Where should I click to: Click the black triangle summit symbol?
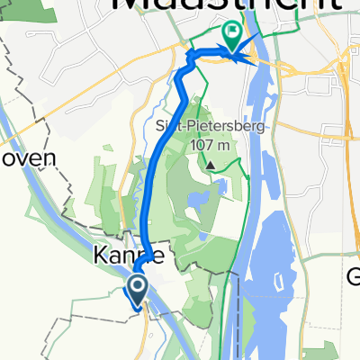point(211,165)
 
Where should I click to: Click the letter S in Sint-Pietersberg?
point(158,126)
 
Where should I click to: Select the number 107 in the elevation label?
point(201,143)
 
